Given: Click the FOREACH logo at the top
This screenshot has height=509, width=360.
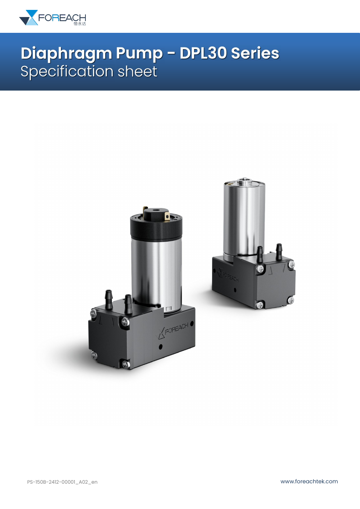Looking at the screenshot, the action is coord(53,17).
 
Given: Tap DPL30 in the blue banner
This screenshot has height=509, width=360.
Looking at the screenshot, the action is coord(203,53).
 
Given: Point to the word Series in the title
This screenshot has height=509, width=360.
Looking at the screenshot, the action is coord(255,53).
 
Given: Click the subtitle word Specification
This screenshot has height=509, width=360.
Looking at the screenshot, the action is coord(67,72).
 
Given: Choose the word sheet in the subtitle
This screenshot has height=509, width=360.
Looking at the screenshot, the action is coord(137,71).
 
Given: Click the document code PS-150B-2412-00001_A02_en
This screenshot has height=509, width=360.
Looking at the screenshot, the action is coord(62,482).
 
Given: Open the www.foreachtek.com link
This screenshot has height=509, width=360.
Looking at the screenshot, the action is coord(309,481).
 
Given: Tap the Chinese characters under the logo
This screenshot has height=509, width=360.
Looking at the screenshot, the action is coord(80,24).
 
